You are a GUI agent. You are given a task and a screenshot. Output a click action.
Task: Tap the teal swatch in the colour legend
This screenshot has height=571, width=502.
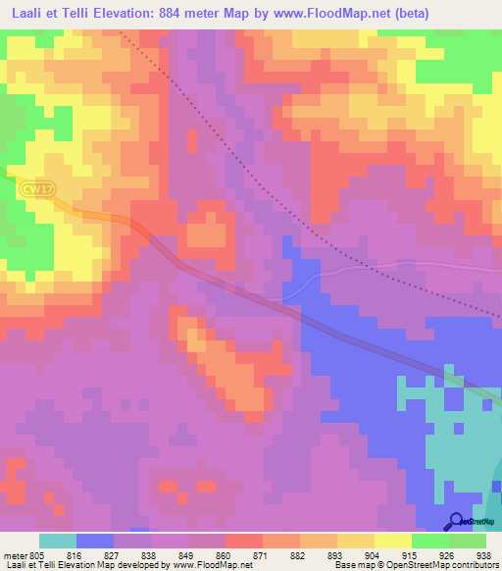(57, 541)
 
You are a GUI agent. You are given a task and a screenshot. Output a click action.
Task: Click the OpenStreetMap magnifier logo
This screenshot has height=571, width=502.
(456, 520)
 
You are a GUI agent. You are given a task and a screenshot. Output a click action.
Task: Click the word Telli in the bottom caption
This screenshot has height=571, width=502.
(49, 565)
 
